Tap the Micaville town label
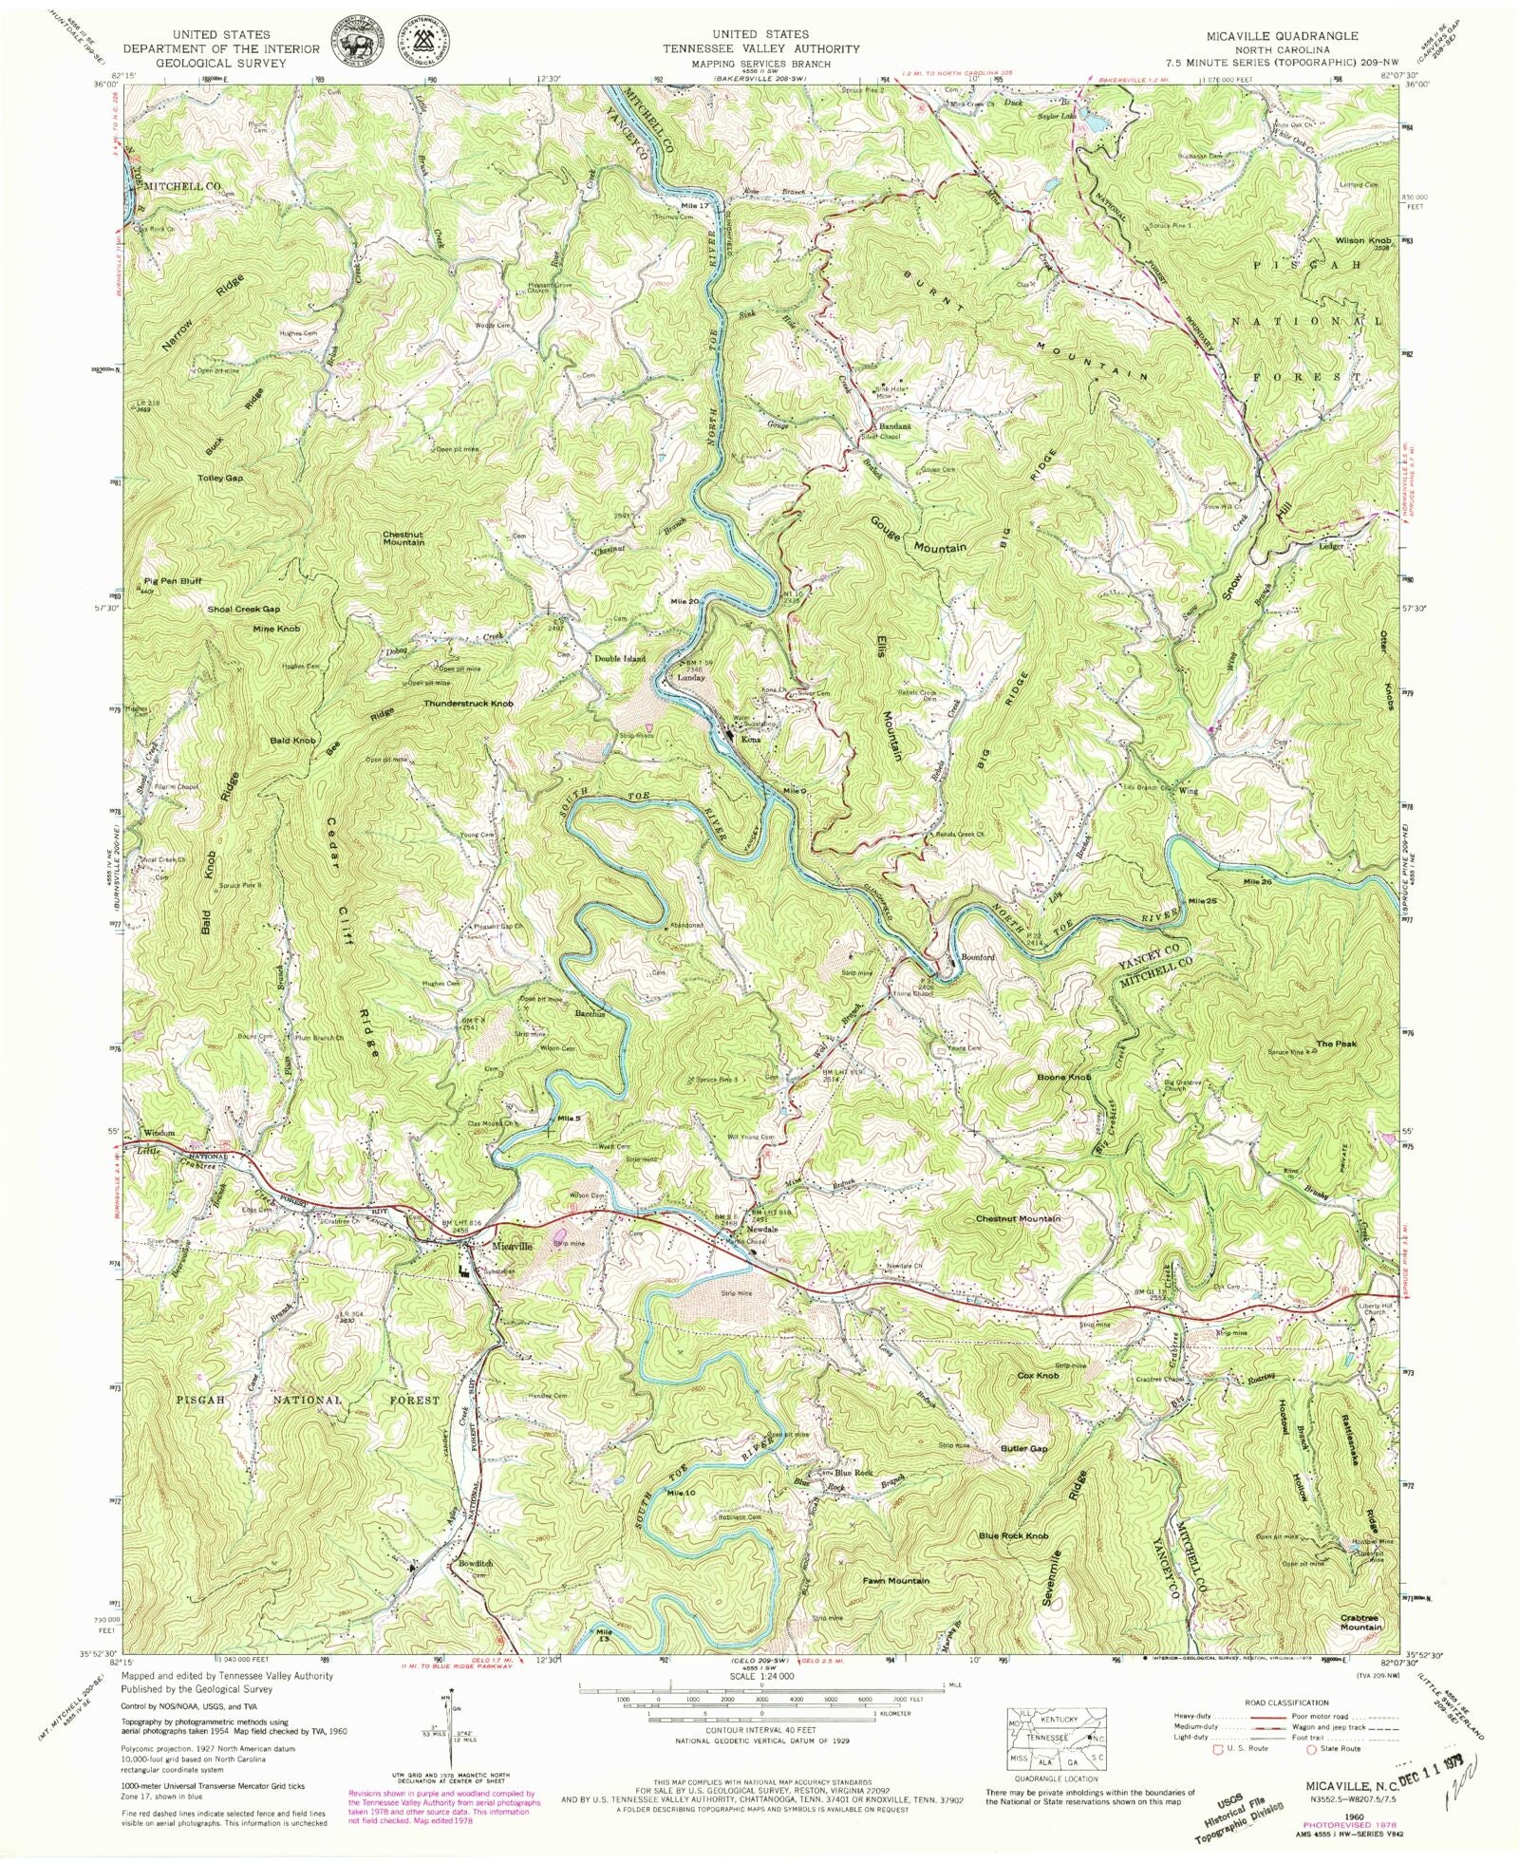[513, 1245]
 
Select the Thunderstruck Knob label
[469, 704]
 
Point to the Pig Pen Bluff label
[173, 580]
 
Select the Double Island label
[620, 658]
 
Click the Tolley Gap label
[220, 478]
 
